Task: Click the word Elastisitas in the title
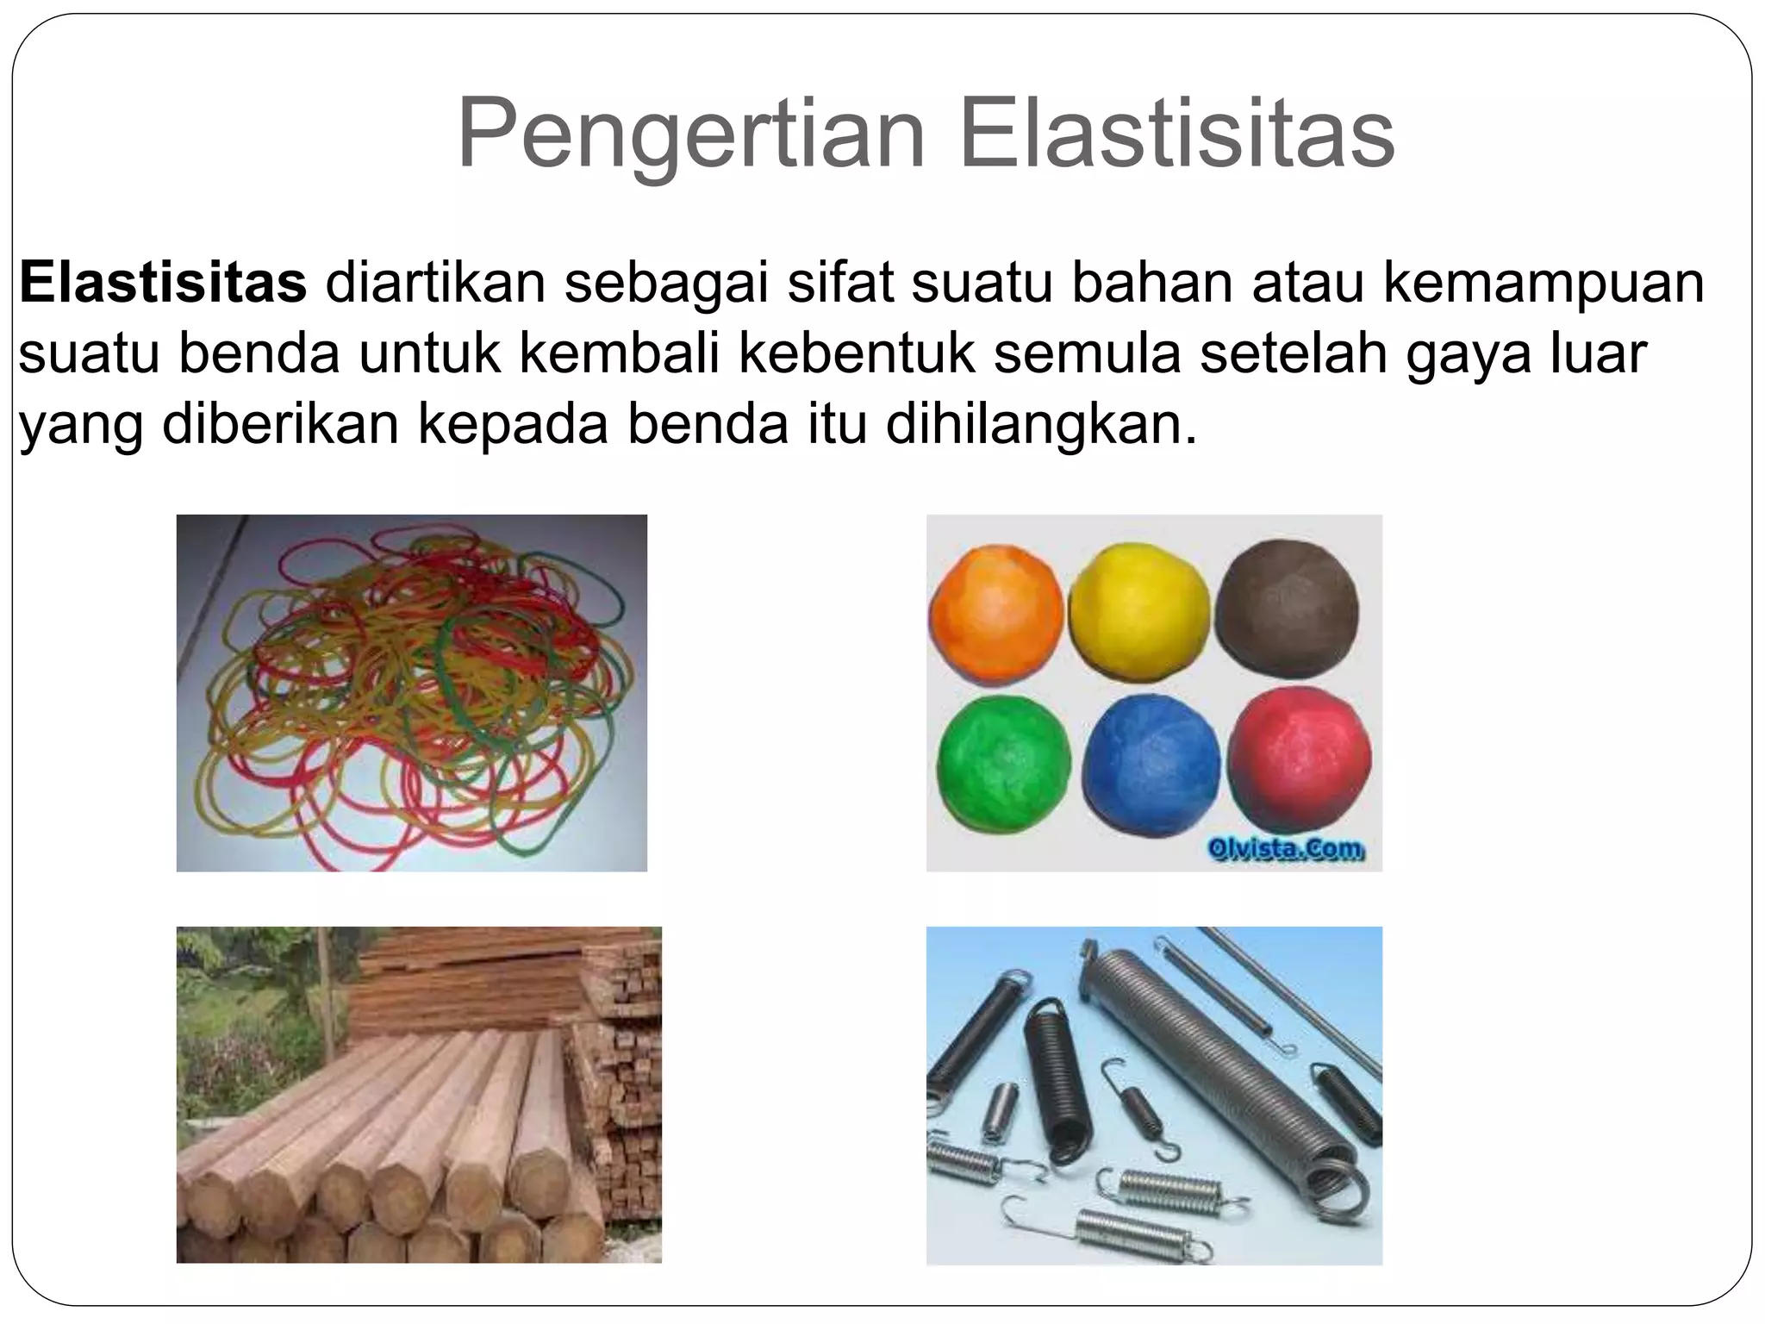click(1176, 135)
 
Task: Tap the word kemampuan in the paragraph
click(1544, 282)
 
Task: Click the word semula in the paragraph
click(1087, 353)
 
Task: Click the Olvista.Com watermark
click(1285, 850)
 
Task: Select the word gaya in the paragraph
click(1468, 353)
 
